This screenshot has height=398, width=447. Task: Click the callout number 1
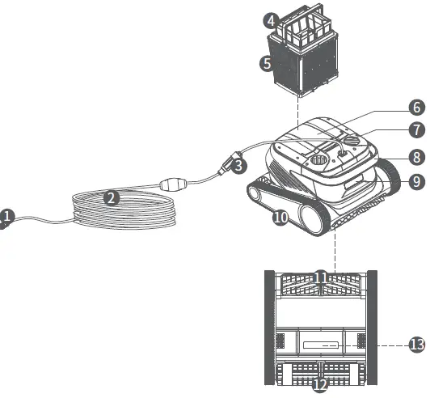[7, 216]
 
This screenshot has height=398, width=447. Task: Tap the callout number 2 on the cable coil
[112, 197]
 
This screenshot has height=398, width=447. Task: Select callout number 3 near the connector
[238, 166]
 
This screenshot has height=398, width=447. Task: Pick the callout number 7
[415, 129]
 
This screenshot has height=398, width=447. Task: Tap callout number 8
[415, 158]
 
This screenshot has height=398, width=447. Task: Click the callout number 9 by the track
[415, 182]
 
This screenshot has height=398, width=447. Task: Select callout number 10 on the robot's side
[280, 217]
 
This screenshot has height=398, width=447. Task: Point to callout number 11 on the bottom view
[320, 277]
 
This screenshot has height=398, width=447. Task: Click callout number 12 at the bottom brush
[320, 383]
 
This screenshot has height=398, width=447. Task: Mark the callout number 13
[416, 345]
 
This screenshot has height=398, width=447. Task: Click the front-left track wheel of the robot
[260, 193]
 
